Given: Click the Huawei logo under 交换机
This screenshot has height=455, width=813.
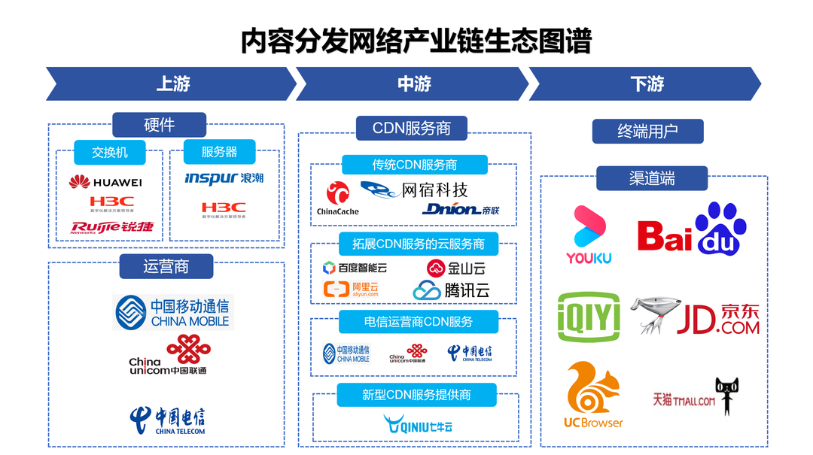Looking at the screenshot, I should coord(105,182).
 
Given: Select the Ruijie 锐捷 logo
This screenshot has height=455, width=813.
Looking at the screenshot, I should coord(112,226).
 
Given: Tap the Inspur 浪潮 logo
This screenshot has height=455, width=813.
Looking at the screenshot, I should coord(224,178).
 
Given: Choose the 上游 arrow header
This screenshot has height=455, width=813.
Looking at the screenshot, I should coord(172,83).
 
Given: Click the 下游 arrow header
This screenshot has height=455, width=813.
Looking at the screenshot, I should coord(646,83).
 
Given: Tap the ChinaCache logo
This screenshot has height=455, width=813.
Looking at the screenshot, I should coord(337,199).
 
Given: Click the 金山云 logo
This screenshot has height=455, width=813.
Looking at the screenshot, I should coord(456,268).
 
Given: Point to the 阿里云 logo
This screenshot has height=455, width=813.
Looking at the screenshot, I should coord(350,289).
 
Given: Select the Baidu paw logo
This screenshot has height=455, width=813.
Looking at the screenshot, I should coord(691,229).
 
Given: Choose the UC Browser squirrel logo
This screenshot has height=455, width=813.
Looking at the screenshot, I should coord(592,395).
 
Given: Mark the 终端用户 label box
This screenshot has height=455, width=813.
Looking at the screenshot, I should coord(647,131).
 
